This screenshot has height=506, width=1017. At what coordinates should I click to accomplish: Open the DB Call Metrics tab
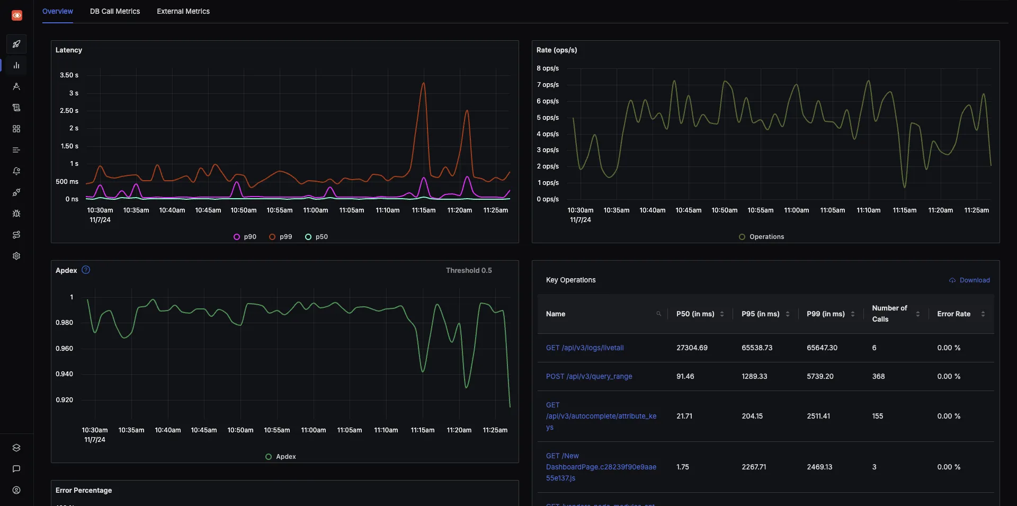click(114, 11)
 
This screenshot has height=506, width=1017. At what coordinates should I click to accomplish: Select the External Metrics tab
click(183, 11)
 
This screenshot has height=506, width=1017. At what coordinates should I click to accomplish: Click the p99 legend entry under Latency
click(281, 237)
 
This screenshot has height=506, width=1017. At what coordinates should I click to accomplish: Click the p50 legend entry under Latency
click(317, 237)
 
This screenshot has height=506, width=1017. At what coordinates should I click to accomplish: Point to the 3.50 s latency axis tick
click(69, 75)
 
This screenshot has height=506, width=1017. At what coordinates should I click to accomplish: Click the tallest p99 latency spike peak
click(423, 83)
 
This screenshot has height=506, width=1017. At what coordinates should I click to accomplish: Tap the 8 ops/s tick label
click(547, 68)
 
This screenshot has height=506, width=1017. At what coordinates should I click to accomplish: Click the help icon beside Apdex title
click(86, 270)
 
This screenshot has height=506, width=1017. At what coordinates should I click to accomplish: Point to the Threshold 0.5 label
click(468, 270)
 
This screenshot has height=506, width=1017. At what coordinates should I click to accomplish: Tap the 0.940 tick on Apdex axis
click(64, 374)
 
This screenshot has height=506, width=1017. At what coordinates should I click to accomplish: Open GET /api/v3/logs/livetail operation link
click(584, 348)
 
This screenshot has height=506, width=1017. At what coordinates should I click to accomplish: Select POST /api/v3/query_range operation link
click(588, 376)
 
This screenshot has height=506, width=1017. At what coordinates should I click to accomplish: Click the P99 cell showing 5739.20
click(820, 376)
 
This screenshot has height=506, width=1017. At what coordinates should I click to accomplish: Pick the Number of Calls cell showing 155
click(877, 416)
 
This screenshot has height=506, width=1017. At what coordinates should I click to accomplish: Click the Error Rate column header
click(953, 314)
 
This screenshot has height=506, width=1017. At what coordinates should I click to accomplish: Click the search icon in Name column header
click(658, 314)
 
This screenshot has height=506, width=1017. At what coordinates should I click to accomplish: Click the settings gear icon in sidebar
click(16, 256)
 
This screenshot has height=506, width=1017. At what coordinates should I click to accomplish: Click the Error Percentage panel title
click(84, 490)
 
